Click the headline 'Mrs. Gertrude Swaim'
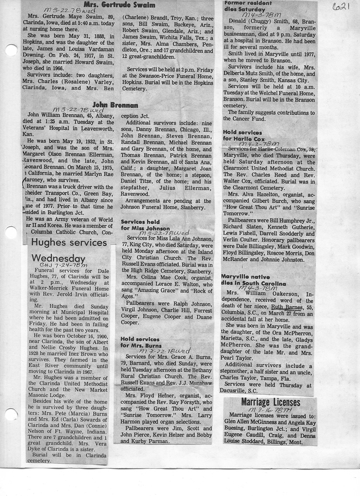120,5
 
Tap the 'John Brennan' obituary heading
115,105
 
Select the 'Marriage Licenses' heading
270,402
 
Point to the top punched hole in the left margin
11,50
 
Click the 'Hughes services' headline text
69,243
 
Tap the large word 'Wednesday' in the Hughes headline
58,258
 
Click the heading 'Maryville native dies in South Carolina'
253,279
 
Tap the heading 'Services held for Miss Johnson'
145,224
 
